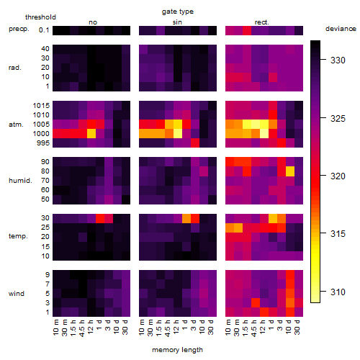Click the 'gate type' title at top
pyautogui.click(x=178, y=12)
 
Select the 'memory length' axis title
pyautogui.click(x=177, y=350)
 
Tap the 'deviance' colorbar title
pyautogui.click(x=341, y=29)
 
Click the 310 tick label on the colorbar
pyautogui.click(x=338, y=292)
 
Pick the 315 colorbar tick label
pyautogui.click(x=338, y=233)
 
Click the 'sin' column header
pyautogui.click(x=177, y=22)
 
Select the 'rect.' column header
pyautogui.click(x=261, y=22)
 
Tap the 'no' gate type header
pyautogui.click(x=93, y=22)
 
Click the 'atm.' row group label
pyautogui.click(x=16, y=125)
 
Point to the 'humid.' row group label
pyautogui.click(x=20, y=181)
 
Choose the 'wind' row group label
pyautogui.click(x=17, y=294)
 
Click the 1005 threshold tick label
pyautogui.click(x=41, y=125)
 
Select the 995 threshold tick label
pyautogui.click(x=43, y=143)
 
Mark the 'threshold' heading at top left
pyautogui.click(x=40, y=17)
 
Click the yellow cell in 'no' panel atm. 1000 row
pyautogui.click(x=91, y=133)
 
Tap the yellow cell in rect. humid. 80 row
pyautogui.click(x=290, y=171)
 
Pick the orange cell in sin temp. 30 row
pyautogui.click(x=186, y=218)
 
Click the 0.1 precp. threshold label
pyautogui.click(x=44, y=30)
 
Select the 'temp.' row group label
pyautogui.click(x=18, y=236)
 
